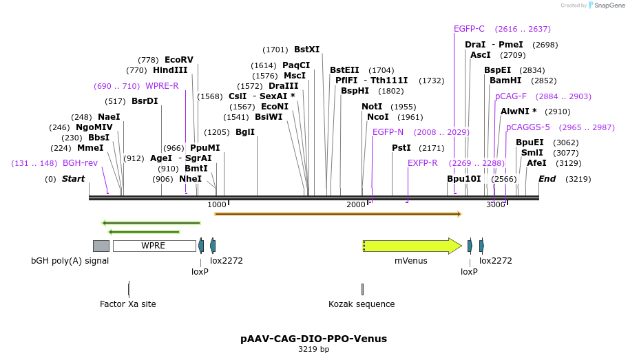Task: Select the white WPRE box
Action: click(154, 246)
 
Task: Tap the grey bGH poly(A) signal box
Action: click(101, 246)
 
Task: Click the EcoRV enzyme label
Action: click(179, 60)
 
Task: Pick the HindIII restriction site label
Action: click(170, 70)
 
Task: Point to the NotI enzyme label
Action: click(372, 107)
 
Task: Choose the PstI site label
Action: click(401, 148)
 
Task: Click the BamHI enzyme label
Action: click(503, 81)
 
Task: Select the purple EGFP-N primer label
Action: click(388, 132)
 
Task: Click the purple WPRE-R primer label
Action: click(162, 86)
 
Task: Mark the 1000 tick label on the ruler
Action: click(216, 204)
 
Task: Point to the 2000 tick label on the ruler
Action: click(356, 204)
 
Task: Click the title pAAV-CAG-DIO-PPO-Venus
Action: click(313, 339)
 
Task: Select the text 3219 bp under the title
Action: click(313, 350)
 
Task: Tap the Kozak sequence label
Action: click(362, 304)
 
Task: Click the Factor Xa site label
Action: click(128, 304)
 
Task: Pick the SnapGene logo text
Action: click(608, 6)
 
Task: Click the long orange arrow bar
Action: click(337, 214)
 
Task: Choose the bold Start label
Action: click(73, 179)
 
